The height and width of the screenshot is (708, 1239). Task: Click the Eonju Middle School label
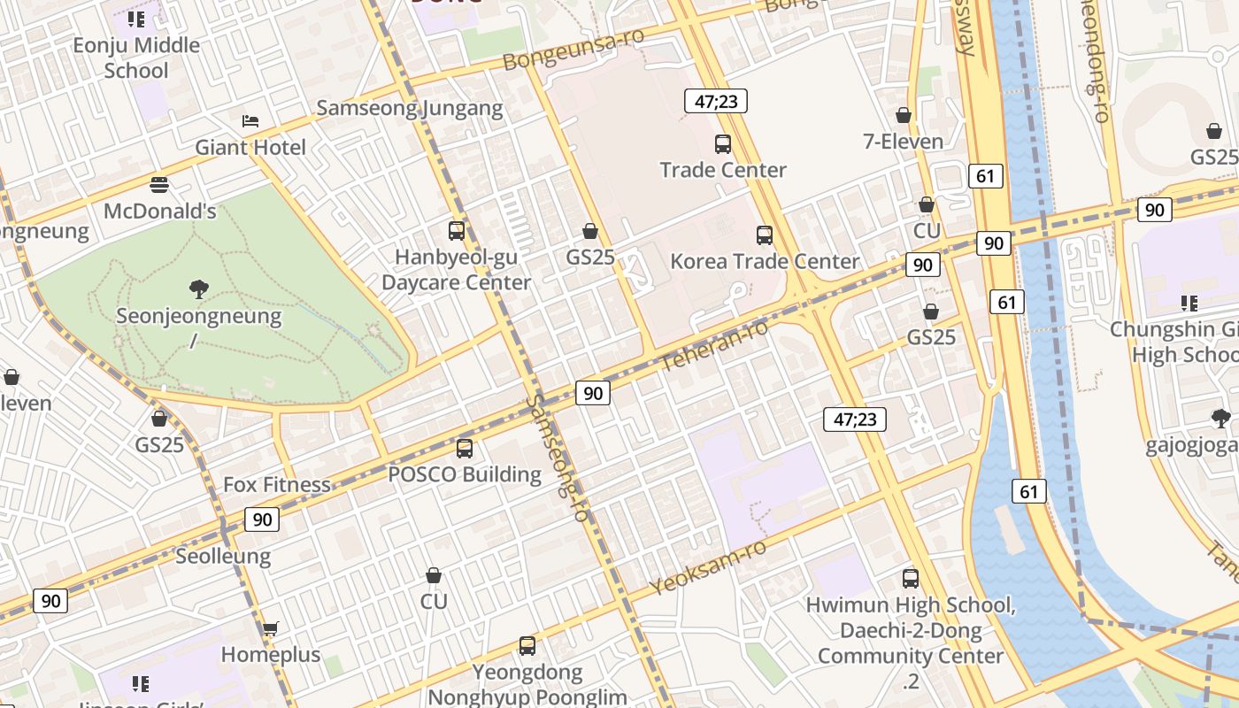[136, 58]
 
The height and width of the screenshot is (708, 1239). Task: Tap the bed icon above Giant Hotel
[250, 121]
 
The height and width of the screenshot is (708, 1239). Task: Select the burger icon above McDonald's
[159, 185]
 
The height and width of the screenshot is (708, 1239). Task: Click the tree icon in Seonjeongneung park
[199, 289]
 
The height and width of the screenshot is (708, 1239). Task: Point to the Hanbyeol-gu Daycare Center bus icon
[457, 231]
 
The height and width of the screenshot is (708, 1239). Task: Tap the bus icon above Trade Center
[723, 143]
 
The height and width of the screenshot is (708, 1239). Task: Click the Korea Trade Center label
[765, 261]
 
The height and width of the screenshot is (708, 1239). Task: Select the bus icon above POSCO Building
[465, 448]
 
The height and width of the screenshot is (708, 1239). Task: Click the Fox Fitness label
[276, 484]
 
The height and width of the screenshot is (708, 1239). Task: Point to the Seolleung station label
[223, 556]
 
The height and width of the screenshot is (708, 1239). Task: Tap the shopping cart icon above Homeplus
[270, 628]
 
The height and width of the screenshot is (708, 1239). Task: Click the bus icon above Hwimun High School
[911, 579]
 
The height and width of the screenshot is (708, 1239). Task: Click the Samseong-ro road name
[558, 458]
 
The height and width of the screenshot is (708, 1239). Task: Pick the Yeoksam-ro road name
[707, 567]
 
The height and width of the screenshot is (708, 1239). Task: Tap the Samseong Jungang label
[410, 108]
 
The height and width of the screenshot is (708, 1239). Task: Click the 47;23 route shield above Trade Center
[716, 101]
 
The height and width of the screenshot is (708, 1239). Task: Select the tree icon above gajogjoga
[1221, 419]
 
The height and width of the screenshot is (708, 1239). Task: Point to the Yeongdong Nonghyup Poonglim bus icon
[527, 646]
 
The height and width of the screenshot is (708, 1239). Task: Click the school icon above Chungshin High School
[1189, 304]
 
